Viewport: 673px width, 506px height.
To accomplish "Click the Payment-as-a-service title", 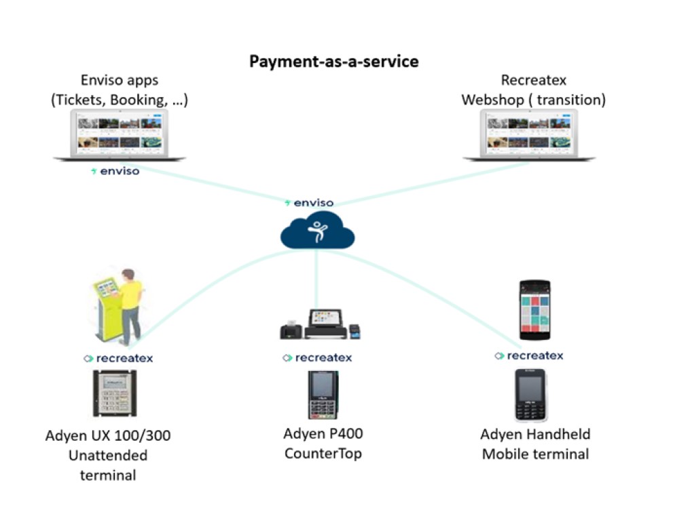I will point(333,62).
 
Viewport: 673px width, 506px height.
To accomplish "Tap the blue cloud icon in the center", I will point(317,231).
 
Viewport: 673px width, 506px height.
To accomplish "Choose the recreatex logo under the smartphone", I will point(529,355).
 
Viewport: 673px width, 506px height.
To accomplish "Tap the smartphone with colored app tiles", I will point(534,310).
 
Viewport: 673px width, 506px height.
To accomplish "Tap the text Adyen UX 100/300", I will point(108,435).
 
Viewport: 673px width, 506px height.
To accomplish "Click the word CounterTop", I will point(323,452).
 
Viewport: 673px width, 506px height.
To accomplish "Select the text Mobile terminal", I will point(536,454).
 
